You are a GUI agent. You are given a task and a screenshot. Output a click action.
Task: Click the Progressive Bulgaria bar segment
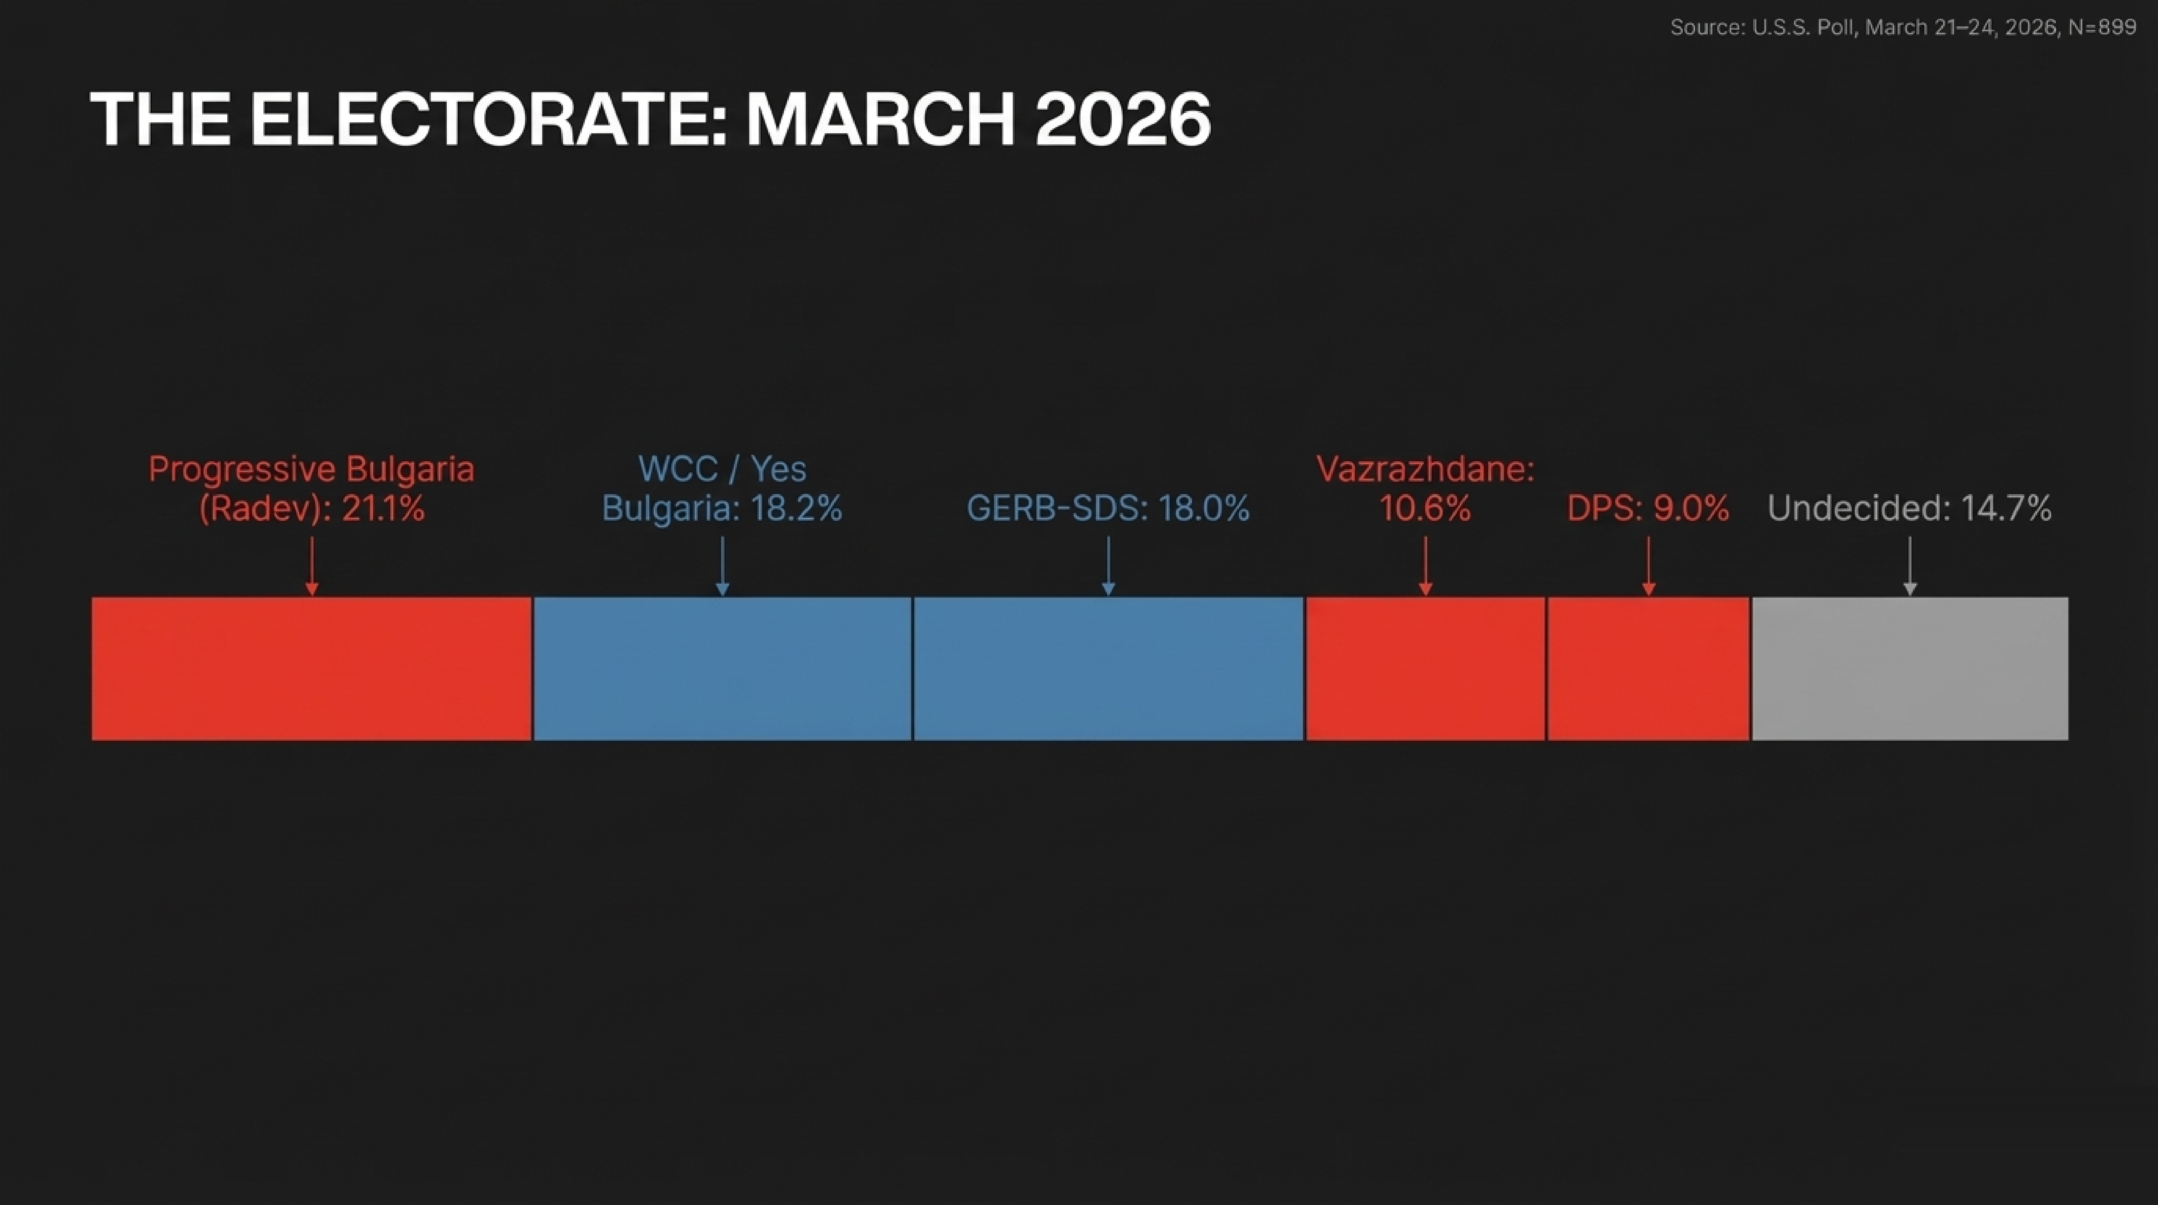(x=312, y=669)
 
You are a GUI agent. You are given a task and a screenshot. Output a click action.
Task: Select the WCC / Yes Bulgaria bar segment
(x=722, y=669)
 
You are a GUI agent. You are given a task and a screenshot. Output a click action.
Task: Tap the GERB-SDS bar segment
(x=1108, y=669)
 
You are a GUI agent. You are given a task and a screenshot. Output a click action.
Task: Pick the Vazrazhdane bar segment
(x=1425, y=669)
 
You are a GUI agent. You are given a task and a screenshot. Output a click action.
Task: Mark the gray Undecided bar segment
(x=1910, y=669)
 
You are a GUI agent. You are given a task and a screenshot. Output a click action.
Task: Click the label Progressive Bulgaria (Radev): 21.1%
(x=312, y=488)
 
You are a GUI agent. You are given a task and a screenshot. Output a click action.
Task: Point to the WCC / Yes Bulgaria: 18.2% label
(x=722, y=488)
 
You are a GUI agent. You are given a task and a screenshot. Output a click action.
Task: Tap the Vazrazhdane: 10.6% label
(x=1425, y=488)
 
